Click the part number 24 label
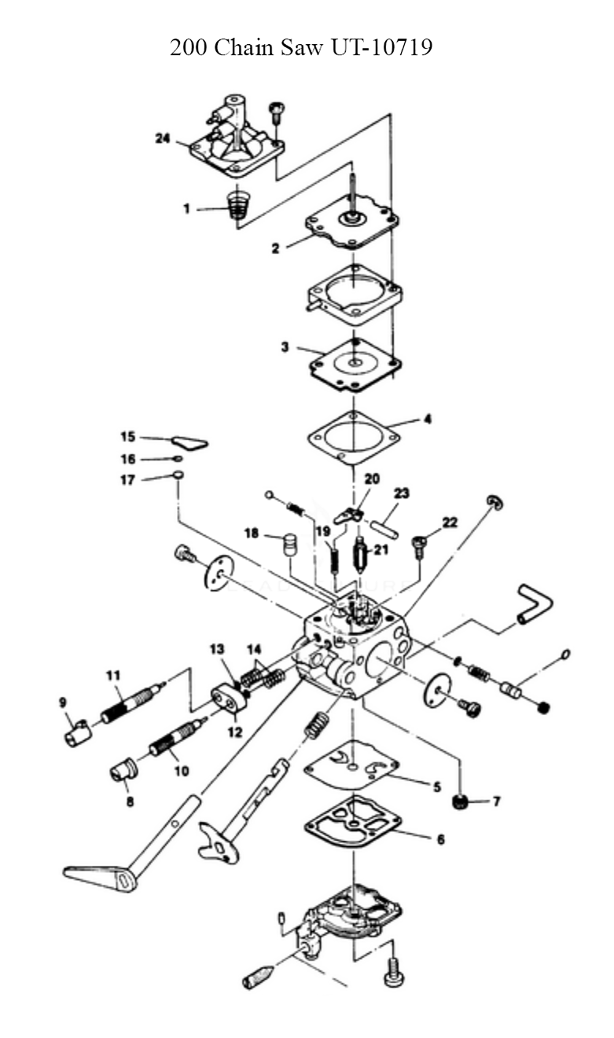tap(163, 138)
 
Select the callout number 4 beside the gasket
tap(427, 419)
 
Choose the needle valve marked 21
tap(361, 550)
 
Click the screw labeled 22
tap(419, 545)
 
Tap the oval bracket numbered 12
tap(228, 700)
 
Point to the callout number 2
tap(276, 248)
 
